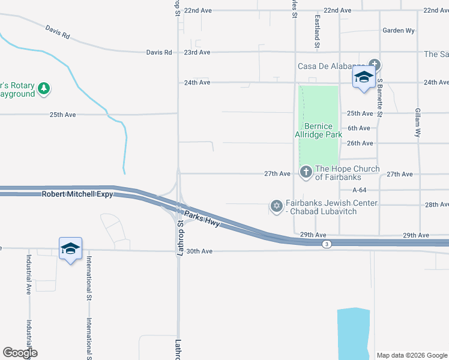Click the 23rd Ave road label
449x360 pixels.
pos(197,52)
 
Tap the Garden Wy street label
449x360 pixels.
pos(399,30)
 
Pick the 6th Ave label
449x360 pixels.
pos(358,128)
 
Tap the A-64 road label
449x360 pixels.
pos(359,190)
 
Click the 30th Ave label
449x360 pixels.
pos(200,251)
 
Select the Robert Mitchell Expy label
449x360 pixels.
pos(77,194)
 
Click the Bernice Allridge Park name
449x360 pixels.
pos(322,130)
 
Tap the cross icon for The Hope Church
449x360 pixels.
pos(306,172)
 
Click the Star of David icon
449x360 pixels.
pos(276,206)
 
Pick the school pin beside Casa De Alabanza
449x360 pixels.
pos(364,77)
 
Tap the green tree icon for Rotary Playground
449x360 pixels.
pos(43,89)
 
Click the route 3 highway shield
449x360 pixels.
pos(326,244)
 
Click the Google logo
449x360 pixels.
pos(20,353)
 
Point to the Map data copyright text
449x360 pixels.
pos(412,355)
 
